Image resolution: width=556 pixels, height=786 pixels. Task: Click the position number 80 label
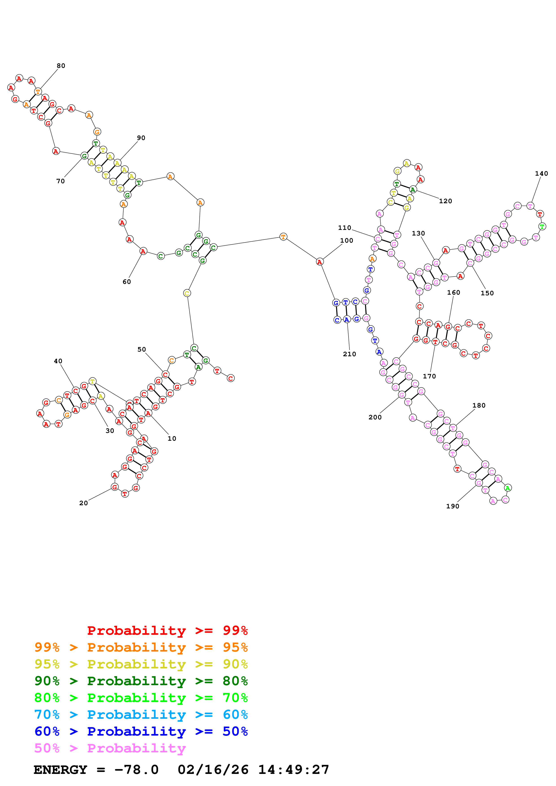coord(61,66)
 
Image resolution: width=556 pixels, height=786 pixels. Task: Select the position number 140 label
coord(541,174)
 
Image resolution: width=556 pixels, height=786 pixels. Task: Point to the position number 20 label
coord(84,503)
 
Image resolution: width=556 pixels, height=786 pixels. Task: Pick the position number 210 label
coord(349,354)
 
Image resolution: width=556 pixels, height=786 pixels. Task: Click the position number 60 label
coord(127,282)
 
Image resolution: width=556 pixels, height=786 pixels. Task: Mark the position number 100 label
coord(346,240)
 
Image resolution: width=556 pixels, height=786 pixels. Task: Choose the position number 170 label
coord(429,376)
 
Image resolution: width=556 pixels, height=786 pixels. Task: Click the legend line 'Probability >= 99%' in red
coord(167,631)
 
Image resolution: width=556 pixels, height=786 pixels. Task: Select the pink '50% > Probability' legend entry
coord(110,748)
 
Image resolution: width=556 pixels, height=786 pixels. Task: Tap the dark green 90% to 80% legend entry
coord(141,681)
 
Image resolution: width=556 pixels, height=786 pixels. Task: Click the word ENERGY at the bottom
coord(60,770)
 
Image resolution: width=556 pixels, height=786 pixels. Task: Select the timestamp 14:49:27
coord(294,770)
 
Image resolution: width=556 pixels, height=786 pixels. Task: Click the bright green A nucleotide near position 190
coord(508,488)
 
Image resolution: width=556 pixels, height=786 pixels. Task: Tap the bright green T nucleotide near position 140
coord(542,226)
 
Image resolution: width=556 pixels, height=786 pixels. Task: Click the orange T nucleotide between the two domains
coord(283,237)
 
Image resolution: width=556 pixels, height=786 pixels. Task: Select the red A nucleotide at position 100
coord(319,262)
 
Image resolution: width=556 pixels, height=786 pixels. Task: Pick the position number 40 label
coord(58,361)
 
